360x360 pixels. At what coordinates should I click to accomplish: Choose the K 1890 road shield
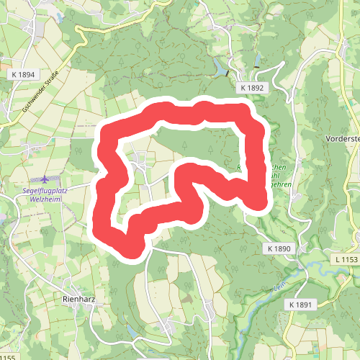point(279,248)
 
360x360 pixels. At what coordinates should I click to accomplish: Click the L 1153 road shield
point(346,258)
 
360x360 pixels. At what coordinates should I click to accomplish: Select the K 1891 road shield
point(302,305)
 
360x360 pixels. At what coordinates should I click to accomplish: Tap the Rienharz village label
point(80,299)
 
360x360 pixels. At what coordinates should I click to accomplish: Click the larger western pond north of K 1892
point(219,68)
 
